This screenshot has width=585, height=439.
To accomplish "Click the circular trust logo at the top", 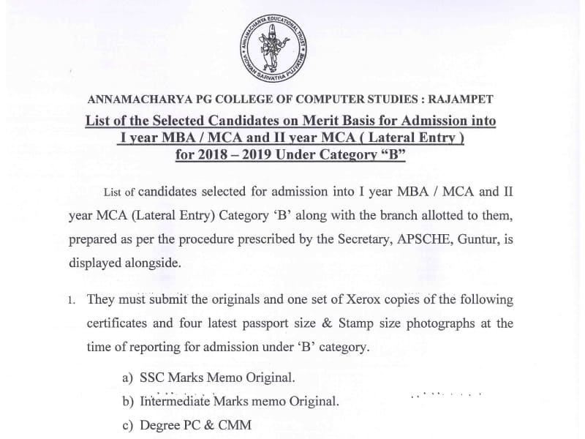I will point(276,48).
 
